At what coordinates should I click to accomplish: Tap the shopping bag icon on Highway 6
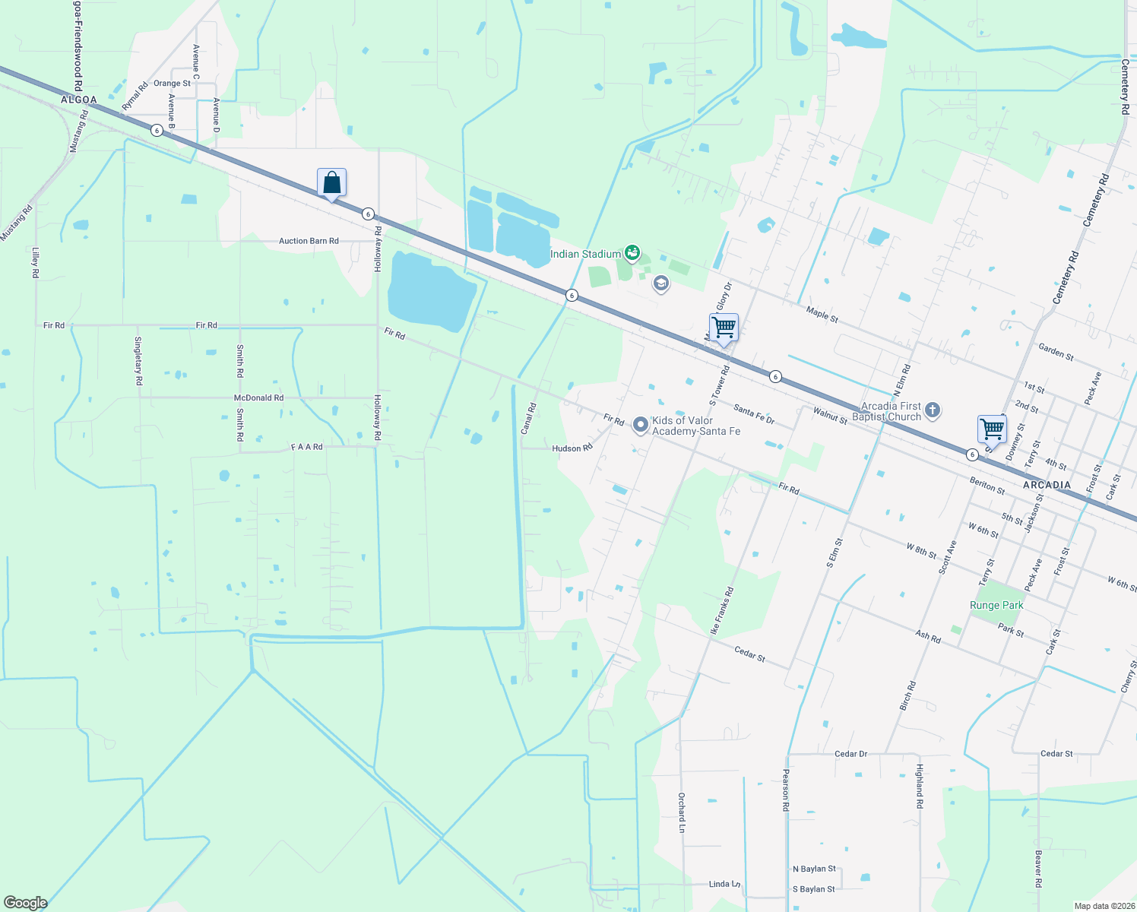331,183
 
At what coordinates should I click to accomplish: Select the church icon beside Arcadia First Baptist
933,411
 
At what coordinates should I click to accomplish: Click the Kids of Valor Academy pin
641,424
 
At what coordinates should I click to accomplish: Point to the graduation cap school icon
661,284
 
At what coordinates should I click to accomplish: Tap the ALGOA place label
79,100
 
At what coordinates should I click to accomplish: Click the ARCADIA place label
1047,485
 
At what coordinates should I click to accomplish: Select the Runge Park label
996,605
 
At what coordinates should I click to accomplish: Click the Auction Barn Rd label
309,241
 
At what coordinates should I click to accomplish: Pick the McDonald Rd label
258,397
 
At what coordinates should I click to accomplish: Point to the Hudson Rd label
572,448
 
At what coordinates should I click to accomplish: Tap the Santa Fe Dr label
754,413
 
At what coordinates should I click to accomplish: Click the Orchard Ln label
682,812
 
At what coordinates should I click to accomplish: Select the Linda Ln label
724,884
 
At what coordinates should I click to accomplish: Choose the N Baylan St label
814,869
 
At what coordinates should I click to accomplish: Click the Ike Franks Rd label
721,610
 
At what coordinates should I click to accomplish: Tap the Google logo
26,902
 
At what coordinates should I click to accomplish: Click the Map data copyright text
1104,906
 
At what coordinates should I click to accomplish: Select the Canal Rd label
528,419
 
